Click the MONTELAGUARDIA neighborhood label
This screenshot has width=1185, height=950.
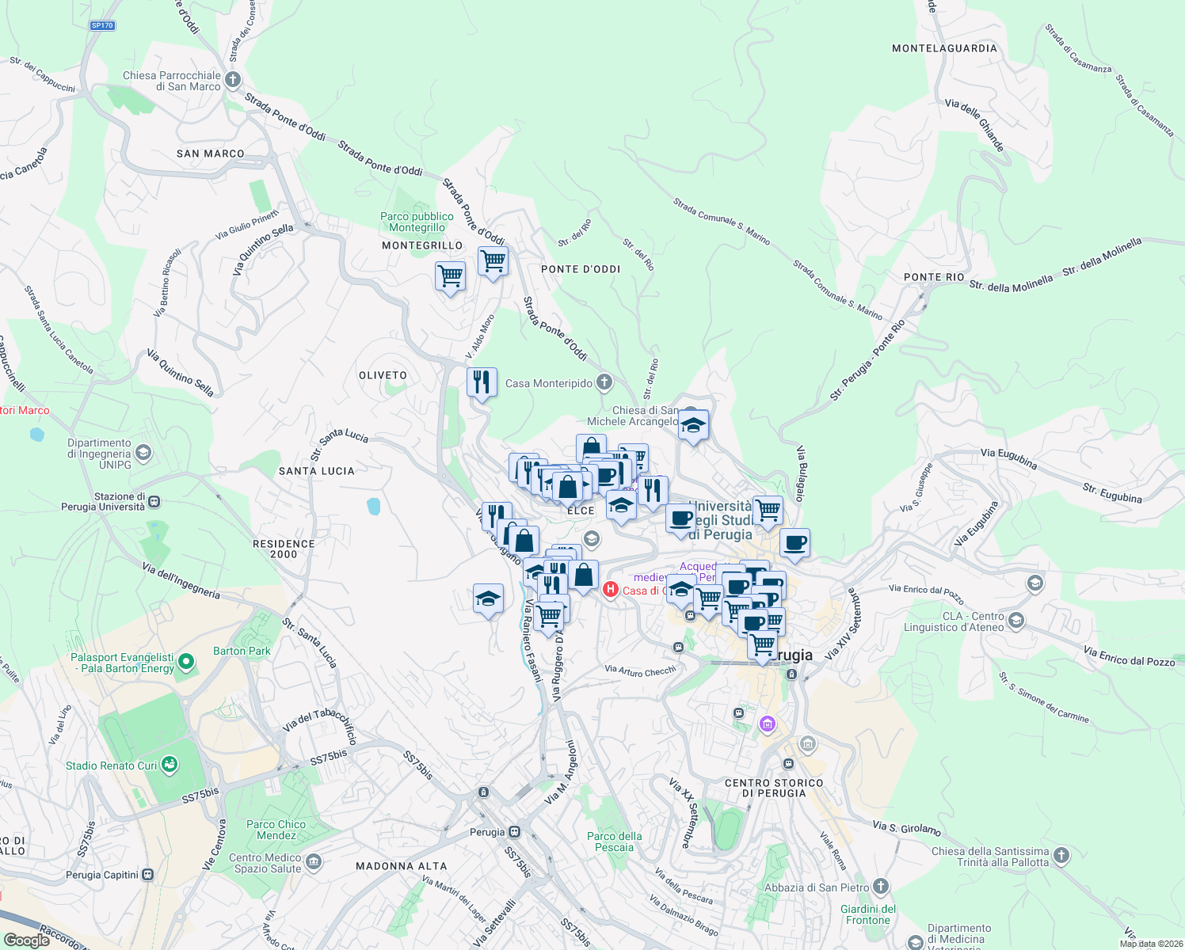pos(944,48)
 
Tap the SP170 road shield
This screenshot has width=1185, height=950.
pos(102,25)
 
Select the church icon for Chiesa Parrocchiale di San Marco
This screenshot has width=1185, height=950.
pos(233,79)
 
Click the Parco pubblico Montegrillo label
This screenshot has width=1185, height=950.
pos(417,222)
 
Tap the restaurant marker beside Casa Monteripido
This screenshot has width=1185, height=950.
pos(482,383)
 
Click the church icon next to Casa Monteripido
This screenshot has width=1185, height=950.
pos(604,383)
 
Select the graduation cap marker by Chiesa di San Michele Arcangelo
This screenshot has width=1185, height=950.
pos(693,425)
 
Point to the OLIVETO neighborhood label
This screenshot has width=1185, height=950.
pos(383,375)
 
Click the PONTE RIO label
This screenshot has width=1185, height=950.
pos(934,277)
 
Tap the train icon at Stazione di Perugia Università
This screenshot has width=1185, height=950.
pos(154,501)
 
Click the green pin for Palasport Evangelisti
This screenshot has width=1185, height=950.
pos(186,661)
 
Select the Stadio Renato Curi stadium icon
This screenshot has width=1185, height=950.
pos(169,765)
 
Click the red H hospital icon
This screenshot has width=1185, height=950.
pos(610,589)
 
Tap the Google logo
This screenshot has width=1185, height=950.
pos(26,940)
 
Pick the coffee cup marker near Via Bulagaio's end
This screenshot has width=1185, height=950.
pos(794,544)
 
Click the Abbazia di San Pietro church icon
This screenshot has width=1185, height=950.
pos(880,887)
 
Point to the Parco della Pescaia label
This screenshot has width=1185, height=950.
pos(615,842)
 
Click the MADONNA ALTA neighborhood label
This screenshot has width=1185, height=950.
pos(401,866)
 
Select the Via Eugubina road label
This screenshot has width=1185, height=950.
pos(1009,458)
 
